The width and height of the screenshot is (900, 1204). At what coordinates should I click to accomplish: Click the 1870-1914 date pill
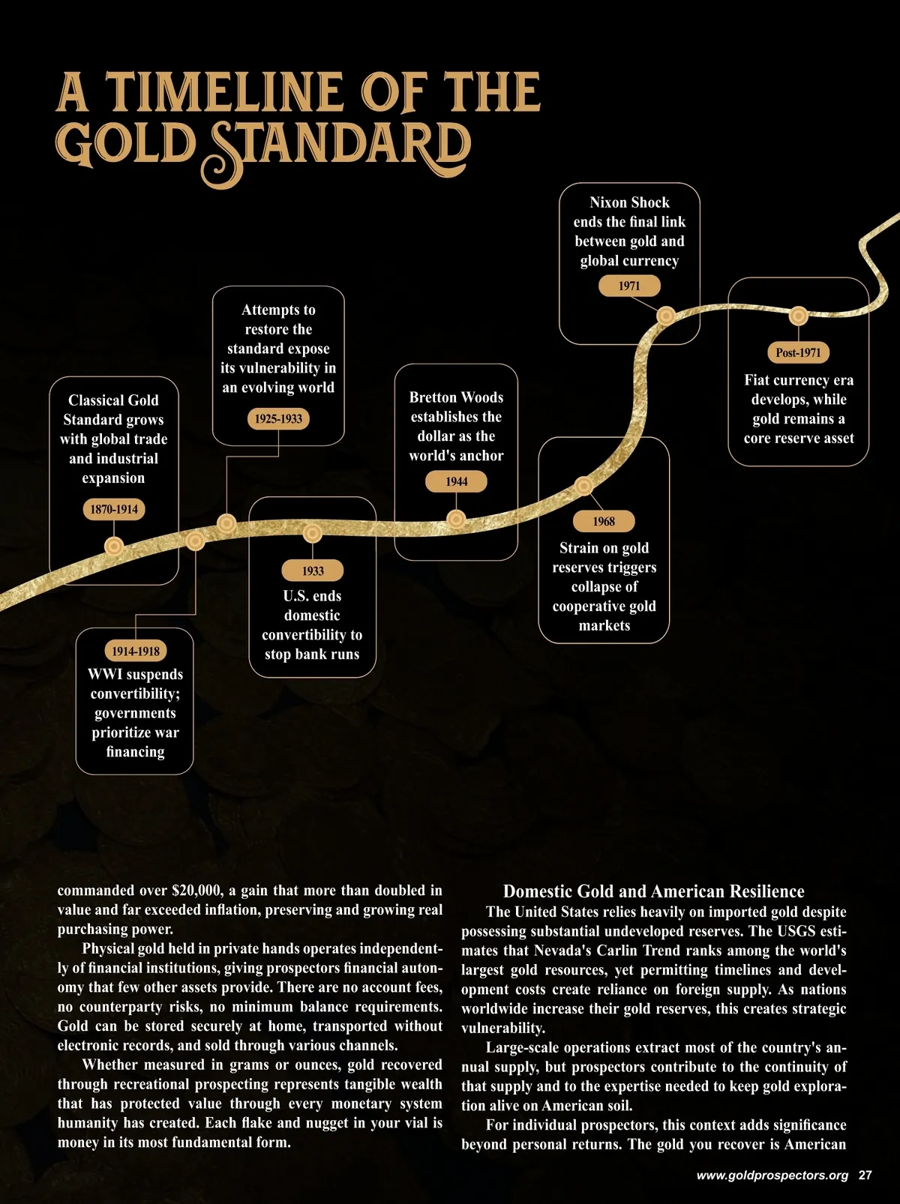tap(114, 509)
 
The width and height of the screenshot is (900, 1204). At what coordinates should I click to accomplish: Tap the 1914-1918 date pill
tap(136, 651)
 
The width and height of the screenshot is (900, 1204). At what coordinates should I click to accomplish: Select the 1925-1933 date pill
tap(278, 418)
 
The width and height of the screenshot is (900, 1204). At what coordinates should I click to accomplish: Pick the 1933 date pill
tap(313, 571)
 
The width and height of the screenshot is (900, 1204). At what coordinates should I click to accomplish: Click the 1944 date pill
tap(456, 481)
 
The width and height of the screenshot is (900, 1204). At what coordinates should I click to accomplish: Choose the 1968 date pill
tap(604, 521)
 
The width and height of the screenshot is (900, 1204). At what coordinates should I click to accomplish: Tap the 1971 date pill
tap(629, 286)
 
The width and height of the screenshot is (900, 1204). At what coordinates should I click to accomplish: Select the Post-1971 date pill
tap(798, 352)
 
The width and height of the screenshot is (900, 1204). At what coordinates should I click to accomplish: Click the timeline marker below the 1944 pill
tap(456, 518)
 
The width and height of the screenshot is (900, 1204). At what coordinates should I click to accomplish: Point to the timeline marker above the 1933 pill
tap(313, 534)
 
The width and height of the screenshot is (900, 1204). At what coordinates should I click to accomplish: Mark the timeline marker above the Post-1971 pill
tap(798, 316)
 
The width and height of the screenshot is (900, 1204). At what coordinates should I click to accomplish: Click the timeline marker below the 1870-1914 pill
tap(114, 547)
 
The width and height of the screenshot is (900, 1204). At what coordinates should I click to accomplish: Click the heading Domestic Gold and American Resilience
tap(653, 891)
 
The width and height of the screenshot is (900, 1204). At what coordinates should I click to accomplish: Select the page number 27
tap(865, 1175)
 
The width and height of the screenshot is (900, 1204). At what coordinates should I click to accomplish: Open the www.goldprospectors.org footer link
tap(772, 1175)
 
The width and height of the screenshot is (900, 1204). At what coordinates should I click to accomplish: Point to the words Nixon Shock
tap(629, 202)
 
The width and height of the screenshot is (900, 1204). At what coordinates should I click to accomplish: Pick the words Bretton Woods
tap(456, 397)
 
